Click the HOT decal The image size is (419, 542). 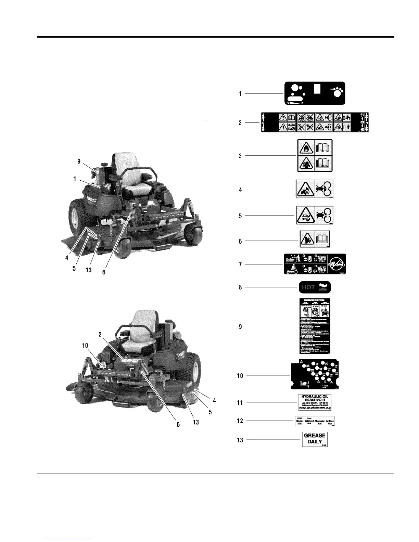pos(315,287)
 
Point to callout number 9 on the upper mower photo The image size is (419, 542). pos(79,161)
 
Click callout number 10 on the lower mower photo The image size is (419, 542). pos(85,346)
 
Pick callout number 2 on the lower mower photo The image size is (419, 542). pos(100,335)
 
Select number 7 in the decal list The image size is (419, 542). pos(240,264)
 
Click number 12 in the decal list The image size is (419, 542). pos(240,421)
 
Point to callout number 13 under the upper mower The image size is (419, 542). pos(89,270)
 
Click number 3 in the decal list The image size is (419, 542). pos(240,156)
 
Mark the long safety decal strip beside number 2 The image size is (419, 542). pos(315,122)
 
